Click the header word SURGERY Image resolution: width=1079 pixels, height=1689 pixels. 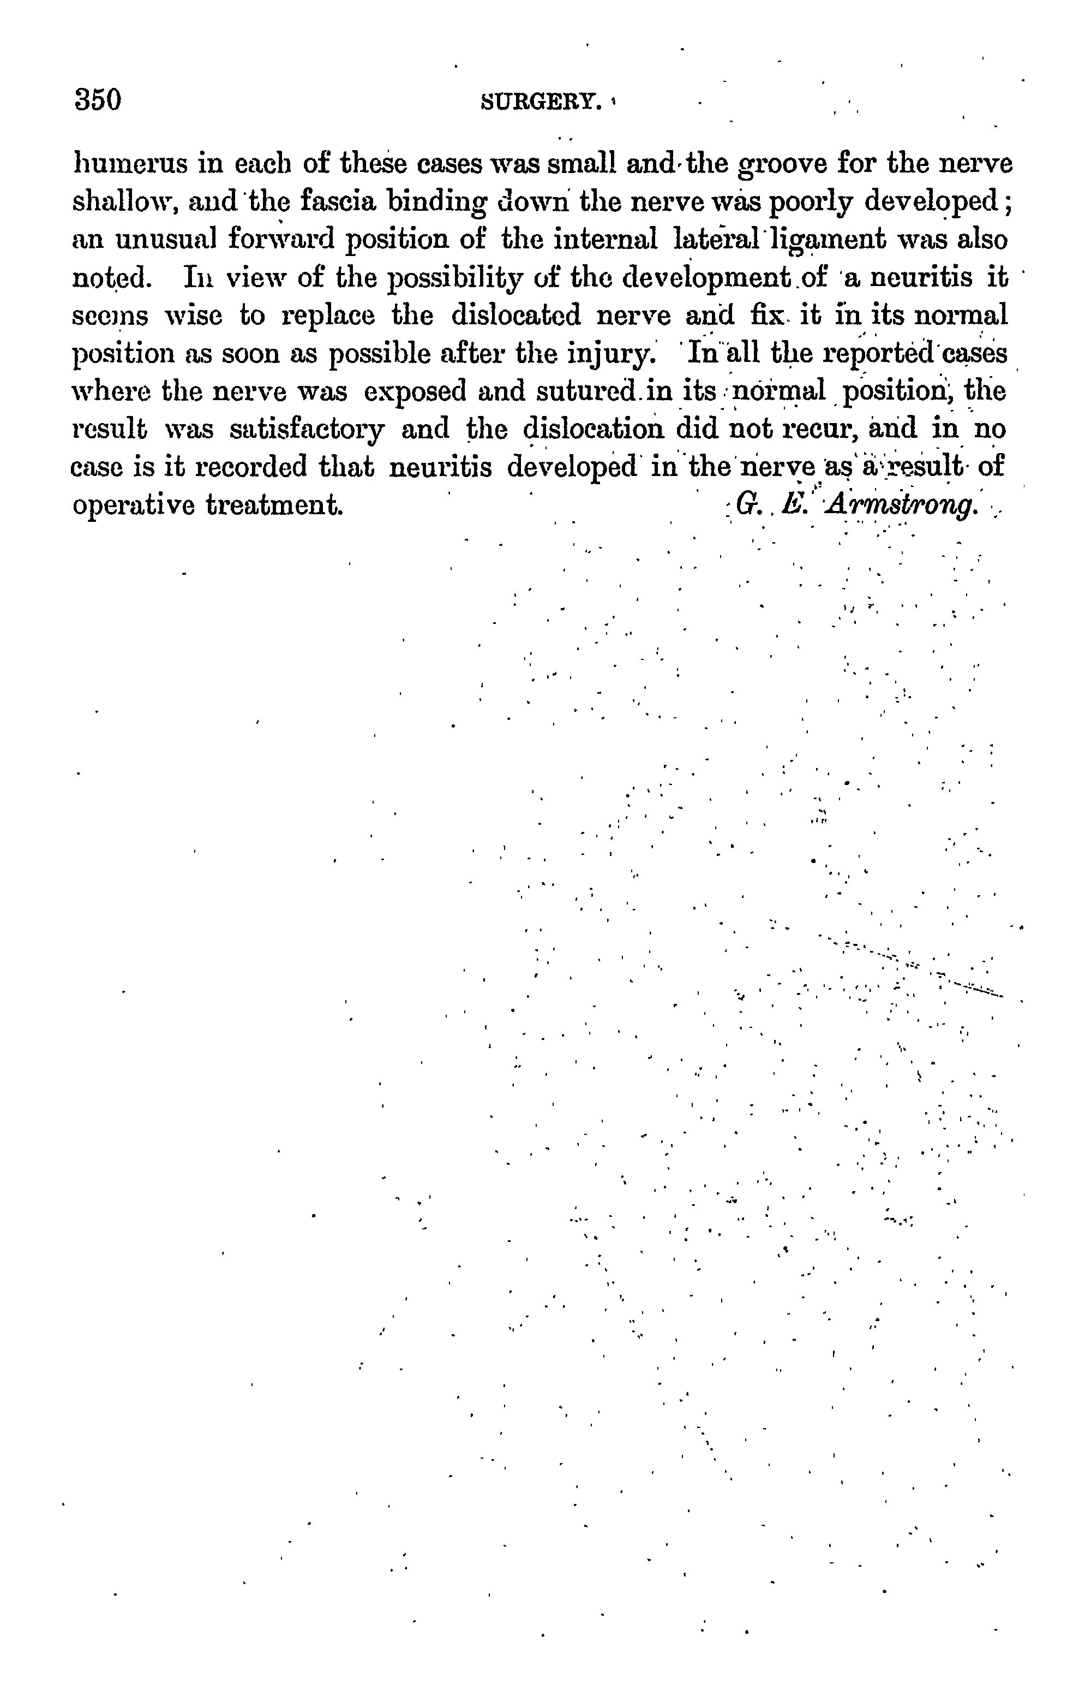(542, 103)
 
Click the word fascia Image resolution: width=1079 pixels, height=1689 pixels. (338, 202)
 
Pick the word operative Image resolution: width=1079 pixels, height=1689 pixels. (133, 505)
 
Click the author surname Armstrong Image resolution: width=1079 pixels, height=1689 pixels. (902, 505)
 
